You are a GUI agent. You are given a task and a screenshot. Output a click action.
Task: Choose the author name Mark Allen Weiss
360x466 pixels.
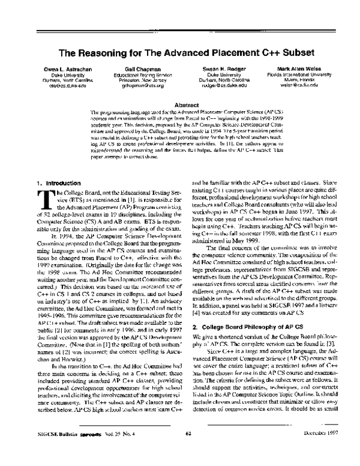coord(298,69)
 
